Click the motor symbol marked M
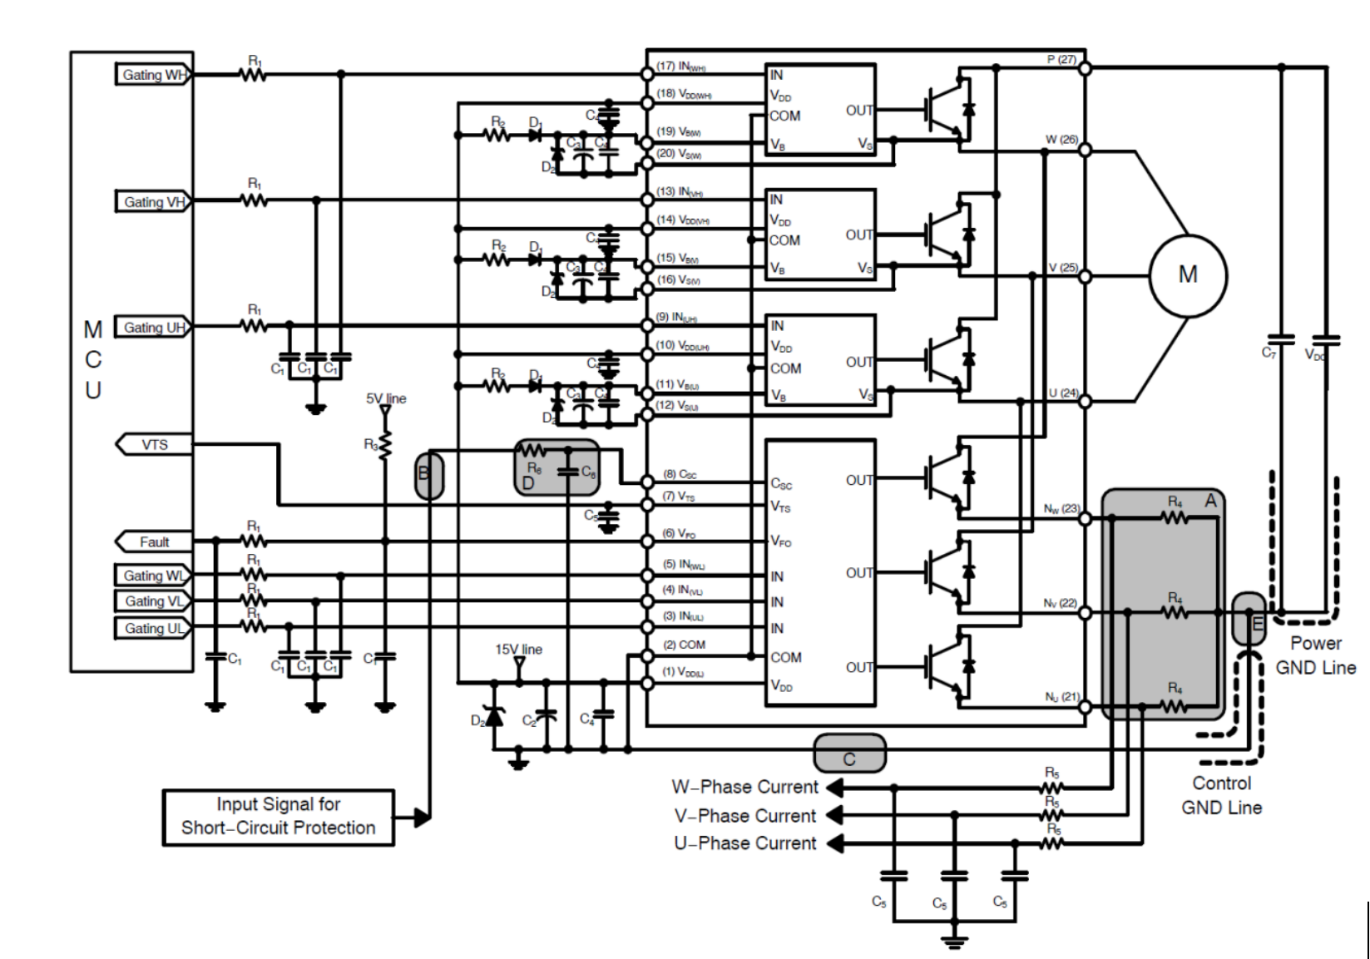pyautogui.click(x=1187, y=275)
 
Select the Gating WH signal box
pyautogui.click(x=153, y=75)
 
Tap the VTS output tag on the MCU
pyautogui.click(x=154, y=444)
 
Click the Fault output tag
pyautogui.click(x=154, y=541)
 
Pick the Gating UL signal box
pyautogui.click(x=153, y=628)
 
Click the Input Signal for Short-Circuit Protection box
pyautogui.click(x=278, y=817)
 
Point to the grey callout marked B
pyautogui.click(x=428, y=475)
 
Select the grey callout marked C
pyautogui.click(x=848, y=754)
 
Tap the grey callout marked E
pyautogui.click(x=1249, y=619)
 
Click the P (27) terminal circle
pyautogui.click(x=1085, y=68)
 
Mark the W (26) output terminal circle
pyautogui.click(x=1085, y=151)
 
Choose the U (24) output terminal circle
pyautogui.click(x=1085, y=402)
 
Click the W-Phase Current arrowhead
pyautogui.click(x=834, y=787)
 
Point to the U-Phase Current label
pyautogui.click(x=744, y=843)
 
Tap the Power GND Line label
pyautogui.click(x=1315, y=655)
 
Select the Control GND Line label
pyautogui.click(x=1221, y=795)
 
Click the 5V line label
pyautogui.click(x=386, y=398)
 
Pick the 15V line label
pyautogui.click(x=518, y=650)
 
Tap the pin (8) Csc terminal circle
pyautogui.click(x=647, y=482)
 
